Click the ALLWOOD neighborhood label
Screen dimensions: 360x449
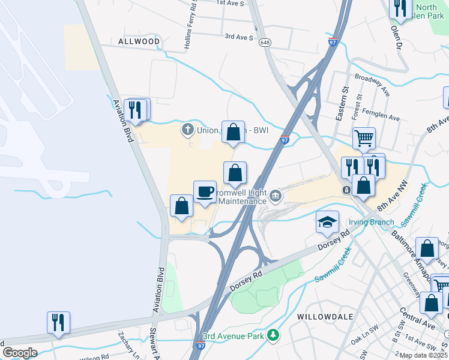(x=139, y=41)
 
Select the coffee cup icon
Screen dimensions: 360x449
(x=205, y=191)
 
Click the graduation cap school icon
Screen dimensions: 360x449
(x=327, y=223)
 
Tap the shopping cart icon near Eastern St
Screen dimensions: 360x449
(x=364, y=139)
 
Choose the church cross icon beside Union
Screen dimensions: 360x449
(x=187, y=129)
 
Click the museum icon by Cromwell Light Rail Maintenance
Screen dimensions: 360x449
(x=275, y=194)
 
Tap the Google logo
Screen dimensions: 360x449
(x=19, y=353)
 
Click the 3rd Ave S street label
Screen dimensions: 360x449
(x=239, y=37)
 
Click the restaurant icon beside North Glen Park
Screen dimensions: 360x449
(x=399, y=8)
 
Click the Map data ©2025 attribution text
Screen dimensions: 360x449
(x=423, y=355)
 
